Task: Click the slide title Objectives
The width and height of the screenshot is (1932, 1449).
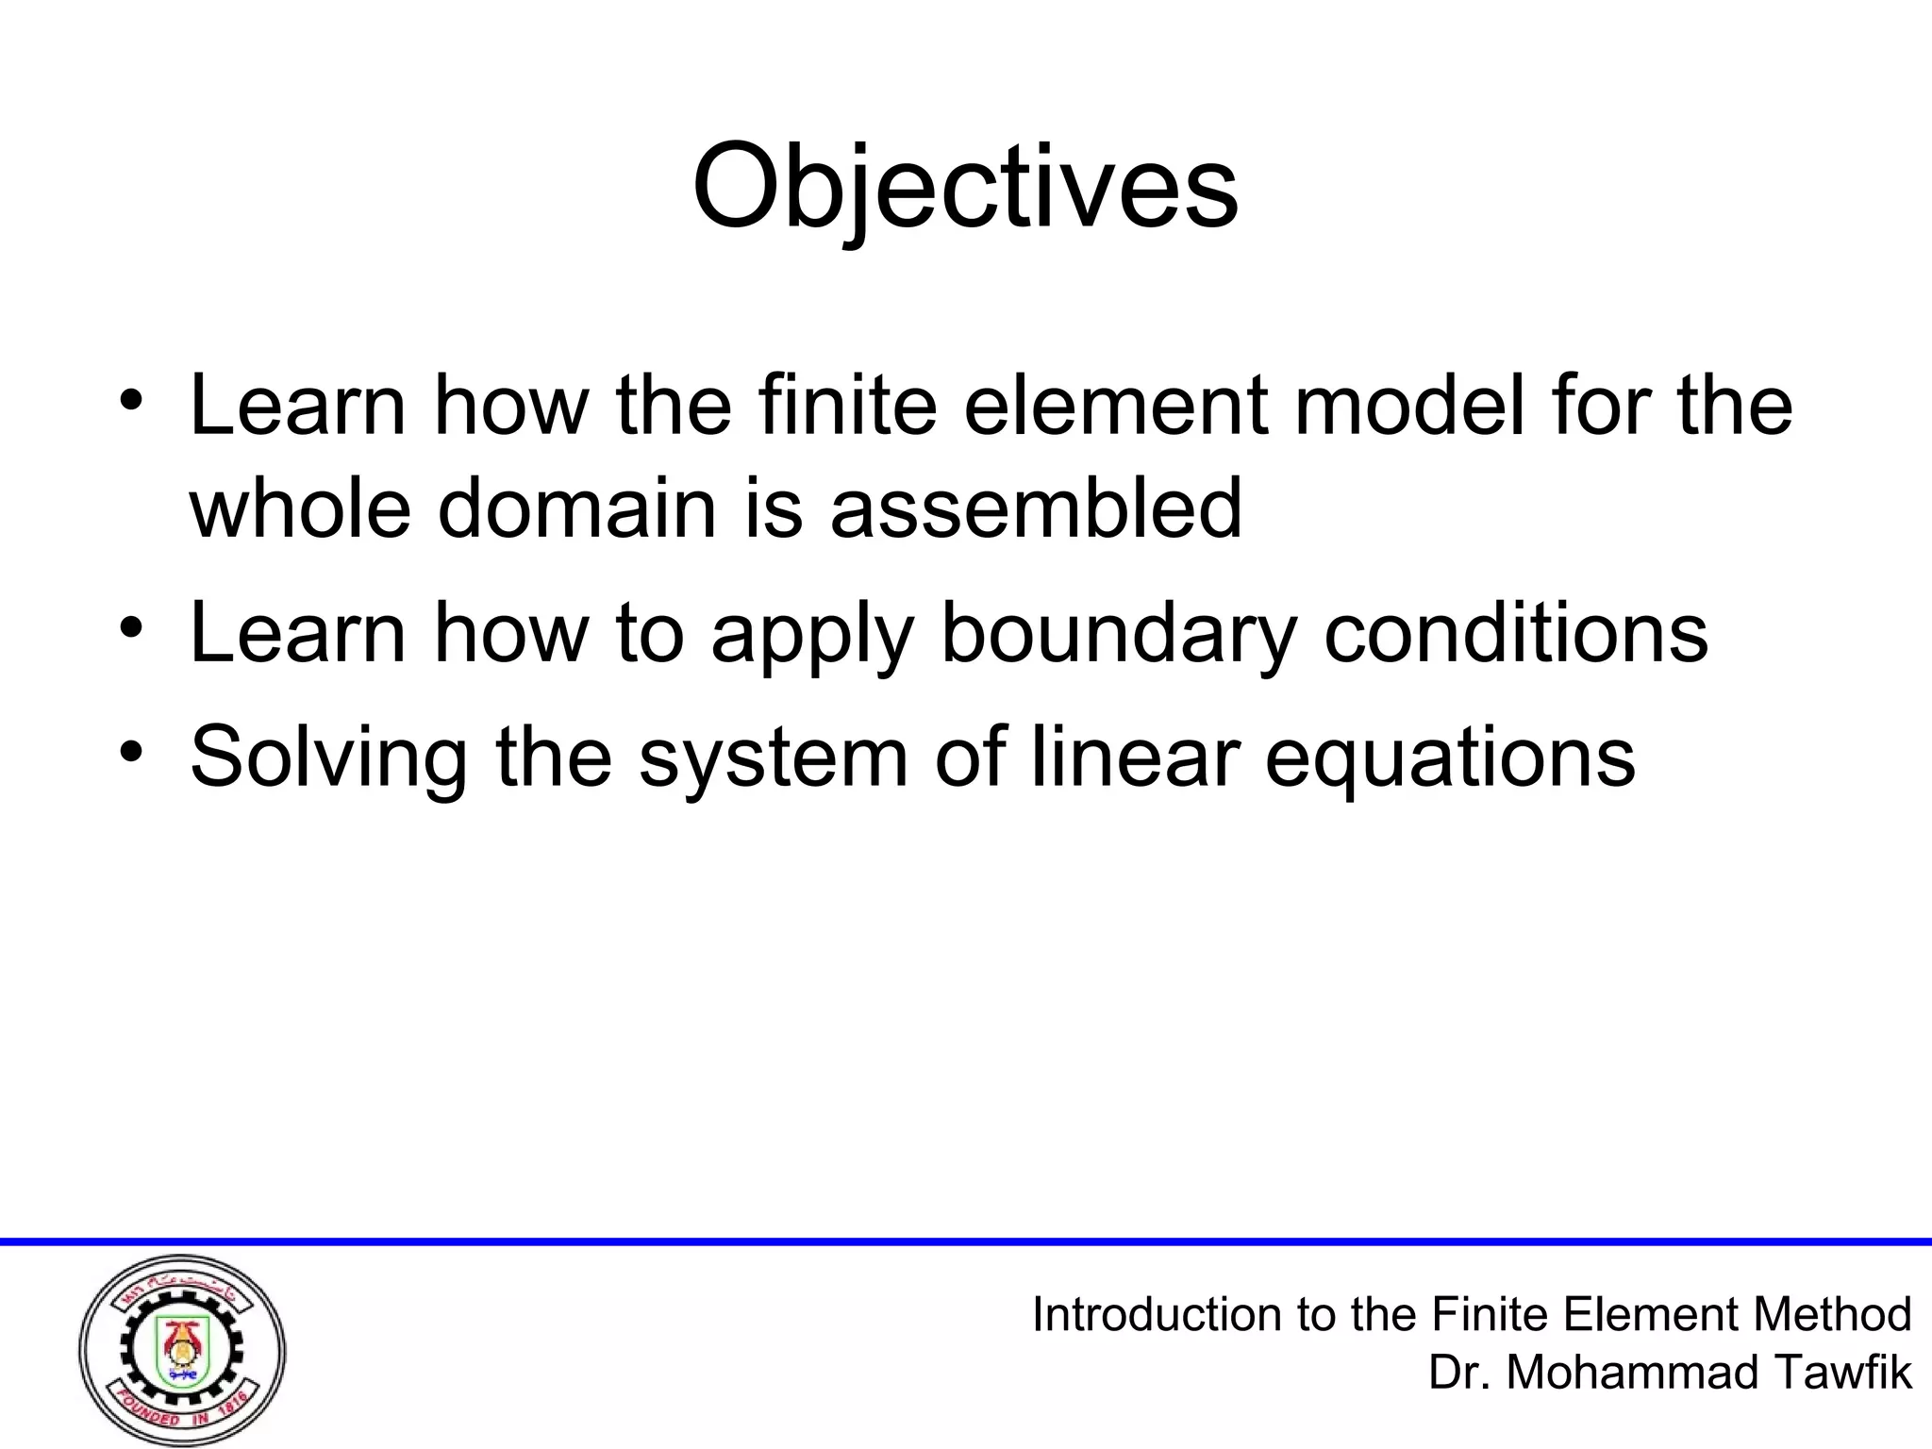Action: (x=965, y=189)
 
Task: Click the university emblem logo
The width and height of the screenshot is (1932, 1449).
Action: (x=182, y=1350)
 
